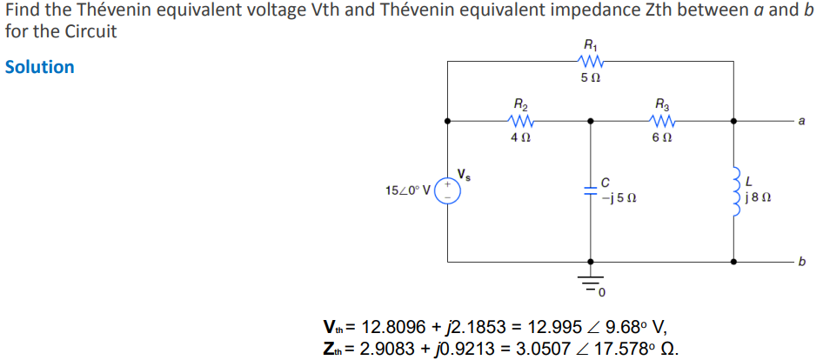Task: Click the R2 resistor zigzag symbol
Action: (x=521, y=121)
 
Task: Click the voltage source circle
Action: (x=449, y=191)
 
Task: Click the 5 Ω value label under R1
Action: (x=590, y=79)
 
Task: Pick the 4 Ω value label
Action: (x=521, y=138)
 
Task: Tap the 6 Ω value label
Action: (x=663, y=138)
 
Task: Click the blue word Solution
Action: (x=40, y=67)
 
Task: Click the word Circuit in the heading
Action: (x=88, y=30)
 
